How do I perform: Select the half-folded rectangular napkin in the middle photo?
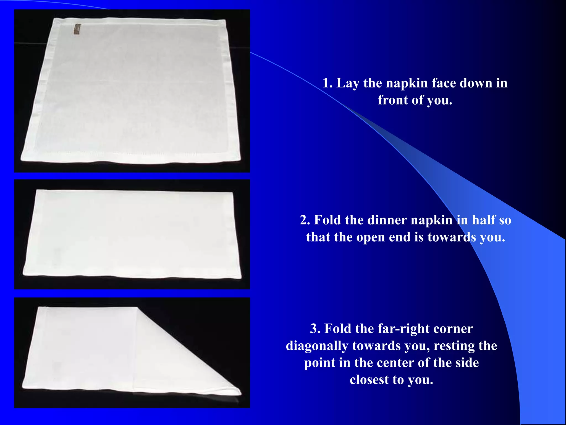[132, 234]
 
